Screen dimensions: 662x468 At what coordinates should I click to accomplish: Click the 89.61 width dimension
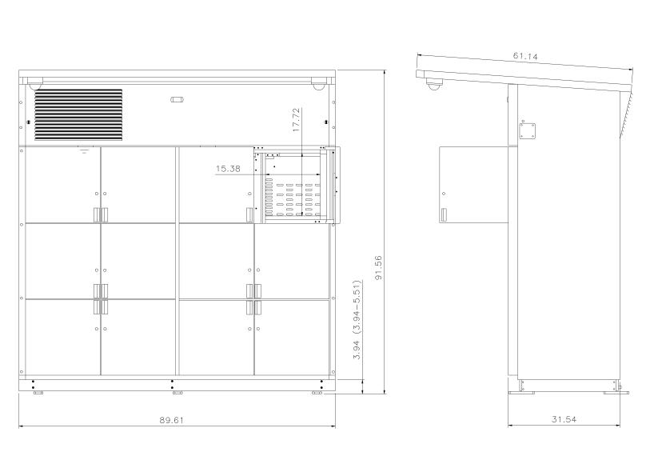[x=171, y=420]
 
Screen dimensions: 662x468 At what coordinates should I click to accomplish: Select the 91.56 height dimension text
[x=378, y=267]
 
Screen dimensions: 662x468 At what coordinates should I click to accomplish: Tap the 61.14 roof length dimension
[x=525, y=56]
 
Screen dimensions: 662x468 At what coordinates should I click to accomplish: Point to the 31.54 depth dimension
[x=564, y=419]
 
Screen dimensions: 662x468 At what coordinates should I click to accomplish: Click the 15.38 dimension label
[x=228, y=169]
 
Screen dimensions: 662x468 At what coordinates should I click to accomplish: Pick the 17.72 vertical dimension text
[x=297, y=120]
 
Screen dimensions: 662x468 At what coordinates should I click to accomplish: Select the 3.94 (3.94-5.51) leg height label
[x=357, y=319]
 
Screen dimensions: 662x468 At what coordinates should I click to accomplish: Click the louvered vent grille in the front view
[x=78, y=114]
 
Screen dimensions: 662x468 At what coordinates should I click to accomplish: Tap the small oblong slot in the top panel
[x=177, y=100]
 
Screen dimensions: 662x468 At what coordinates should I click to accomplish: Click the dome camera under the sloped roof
[x=433, y=84]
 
